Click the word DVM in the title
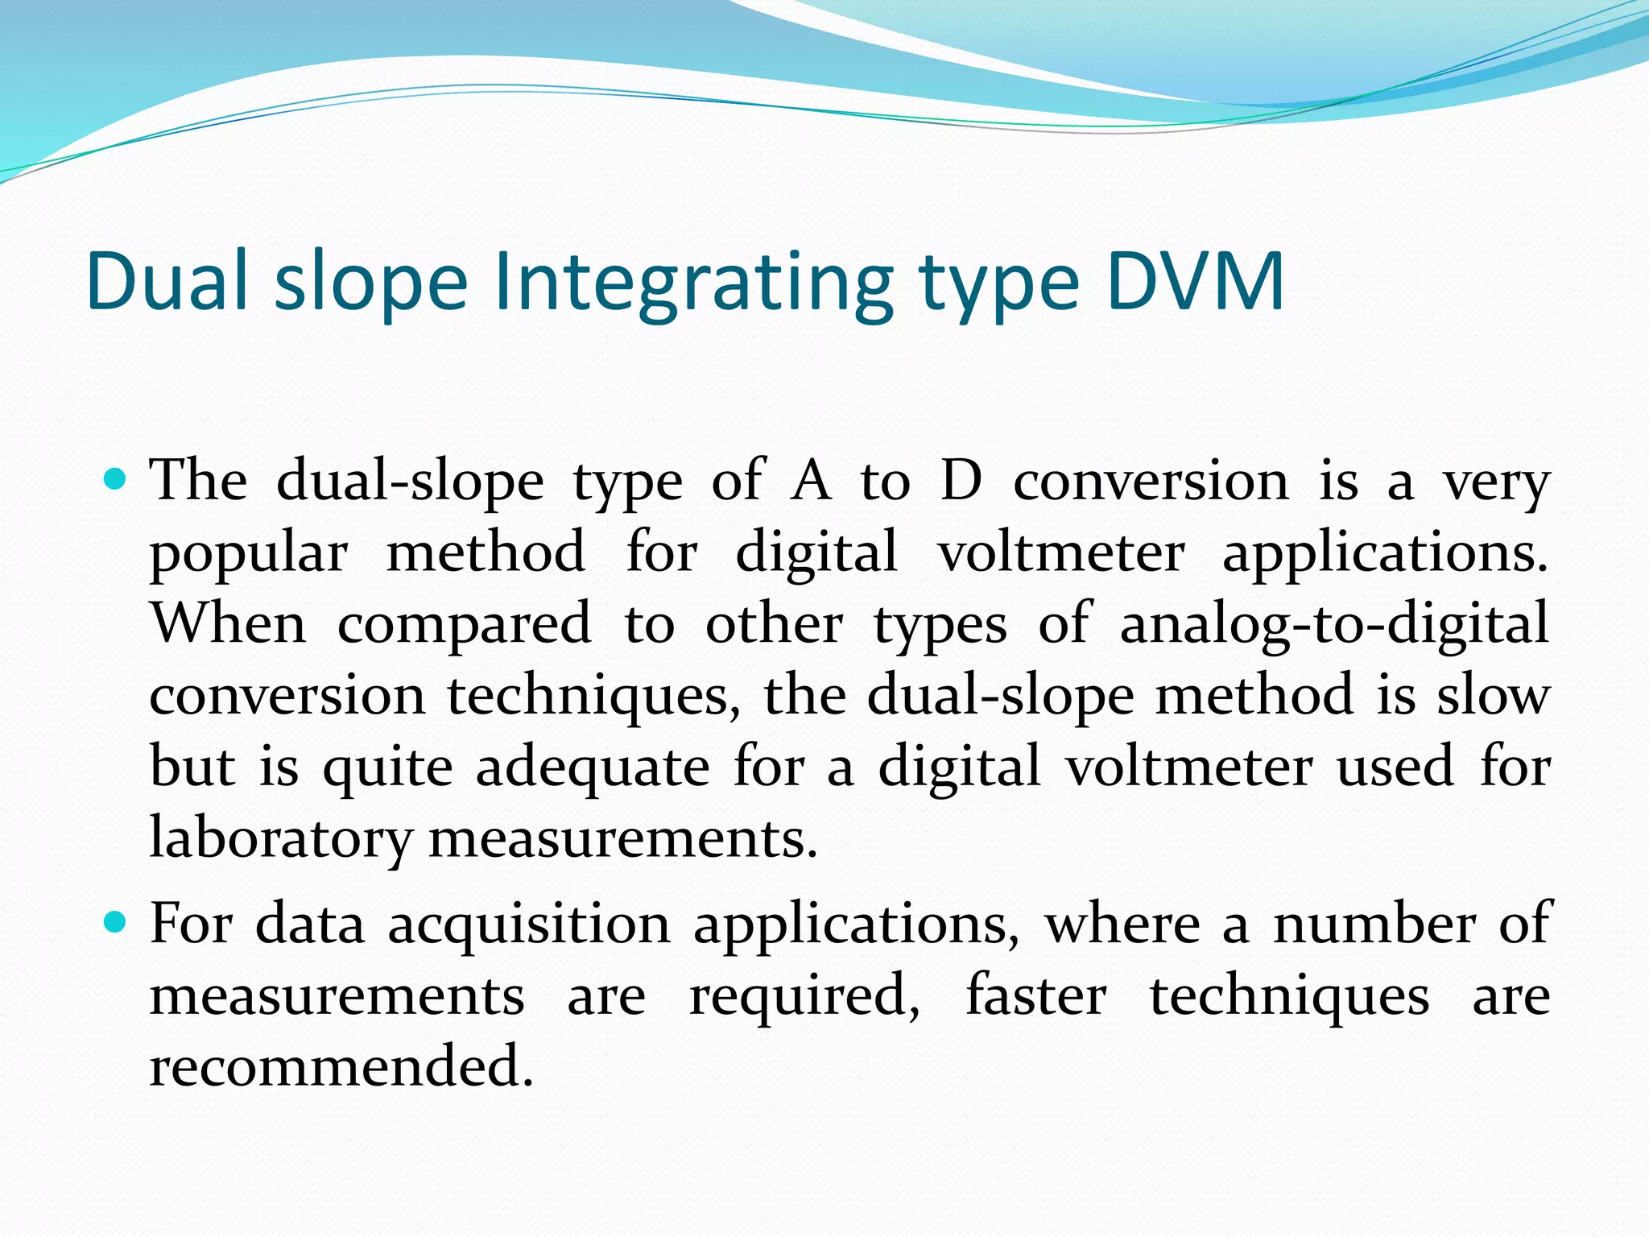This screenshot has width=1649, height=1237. coord(1195,281)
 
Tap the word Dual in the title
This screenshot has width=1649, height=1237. coord(166,281)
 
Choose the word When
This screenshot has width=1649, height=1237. coord(229,623)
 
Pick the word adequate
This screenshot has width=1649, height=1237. coord(593,768)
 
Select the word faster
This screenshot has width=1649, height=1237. coord(1035,995)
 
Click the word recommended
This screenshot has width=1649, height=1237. coord(341,1065)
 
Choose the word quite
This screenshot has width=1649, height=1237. coord(388,768)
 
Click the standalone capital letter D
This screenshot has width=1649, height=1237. coord(961,481)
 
